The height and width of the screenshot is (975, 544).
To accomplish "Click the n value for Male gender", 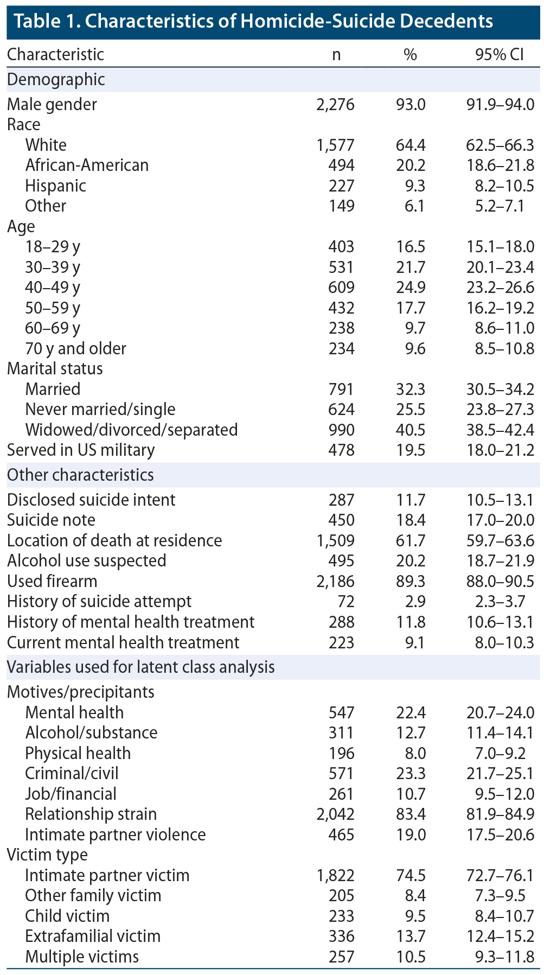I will [x=335, y=104].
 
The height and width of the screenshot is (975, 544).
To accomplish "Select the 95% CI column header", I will [x=500, y=55].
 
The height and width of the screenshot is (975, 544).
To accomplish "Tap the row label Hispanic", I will [x=55, y=186].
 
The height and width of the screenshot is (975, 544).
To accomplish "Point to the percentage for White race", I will [x=411, y=145].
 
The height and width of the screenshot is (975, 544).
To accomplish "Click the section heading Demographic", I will [x=56, y=80].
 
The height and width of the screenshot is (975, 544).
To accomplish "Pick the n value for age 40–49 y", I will [x=341, y=287].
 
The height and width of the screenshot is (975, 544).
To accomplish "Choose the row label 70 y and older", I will [x=75, y=348].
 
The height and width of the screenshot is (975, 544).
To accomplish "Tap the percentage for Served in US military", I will [x=411, y=450].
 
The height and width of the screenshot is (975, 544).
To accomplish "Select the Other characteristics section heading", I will [x=80, y=475].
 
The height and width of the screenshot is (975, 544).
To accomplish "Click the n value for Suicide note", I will [x=341, y=520].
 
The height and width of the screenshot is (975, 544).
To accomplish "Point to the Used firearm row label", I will [x=52, y=581].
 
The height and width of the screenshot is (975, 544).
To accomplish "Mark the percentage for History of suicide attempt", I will [x=414, y=601].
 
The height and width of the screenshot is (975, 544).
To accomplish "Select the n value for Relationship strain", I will [x=335, y=814].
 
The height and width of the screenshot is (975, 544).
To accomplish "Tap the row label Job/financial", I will [x=71, y=794].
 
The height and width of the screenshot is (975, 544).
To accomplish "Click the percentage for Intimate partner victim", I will [x=411, y=875].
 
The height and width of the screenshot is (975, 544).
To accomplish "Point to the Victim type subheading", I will [x=47, y=855].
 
